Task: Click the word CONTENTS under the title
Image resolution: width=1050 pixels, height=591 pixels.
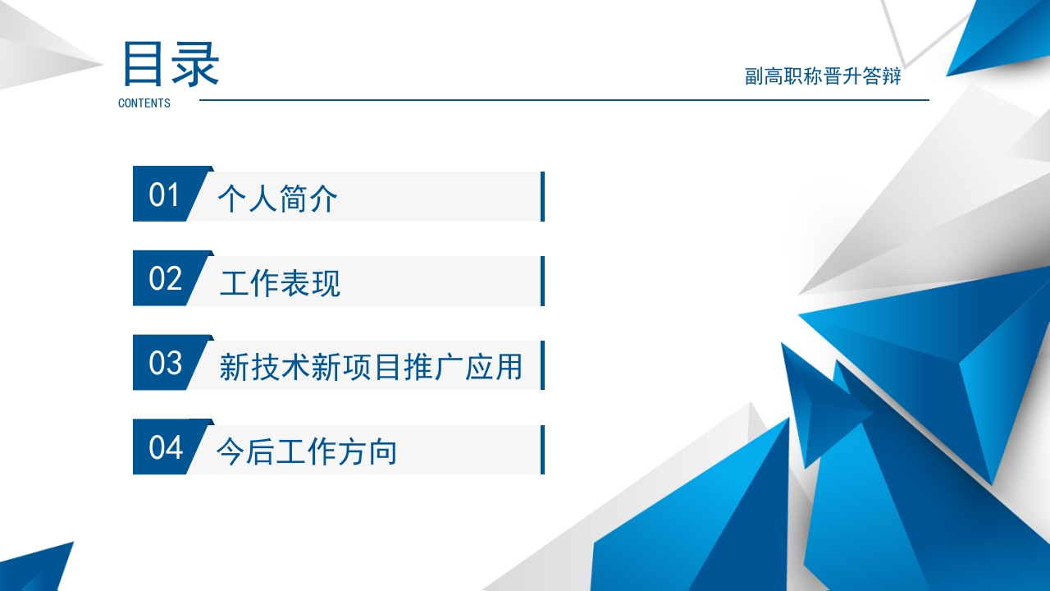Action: pos(144,103)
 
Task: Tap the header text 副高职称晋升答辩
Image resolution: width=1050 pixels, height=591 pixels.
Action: pos(823,76)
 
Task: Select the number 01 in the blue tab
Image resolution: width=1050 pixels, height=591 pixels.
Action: pos(164,195)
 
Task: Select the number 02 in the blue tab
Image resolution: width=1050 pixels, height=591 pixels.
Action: pos(165,279)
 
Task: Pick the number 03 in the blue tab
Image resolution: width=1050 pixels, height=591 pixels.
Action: pos(165,363)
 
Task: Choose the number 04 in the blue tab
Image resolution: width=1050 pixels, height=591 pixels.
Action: pos(165,448)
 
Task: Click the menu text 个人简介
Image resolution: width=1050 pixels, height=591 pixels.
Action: pos(277,199)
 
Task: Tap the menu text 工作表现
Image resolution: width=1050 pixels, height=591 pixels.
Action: pos(280,284)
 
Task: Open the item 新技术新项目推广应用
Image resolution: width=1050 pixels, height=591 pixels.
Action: pos(371,366)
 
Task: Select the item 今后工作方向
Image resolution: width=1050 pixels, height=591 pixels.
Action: pos(307,451)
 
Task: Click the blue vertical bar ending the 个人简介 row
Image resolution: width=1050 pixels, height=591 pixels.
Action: pos(542,196)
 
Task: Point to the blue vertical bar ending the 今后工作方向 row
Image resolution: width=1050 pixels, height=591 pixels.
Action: pos(542,449)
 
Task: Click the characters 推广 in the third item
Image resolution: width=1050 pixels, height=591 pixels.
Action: pos(448,366)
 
